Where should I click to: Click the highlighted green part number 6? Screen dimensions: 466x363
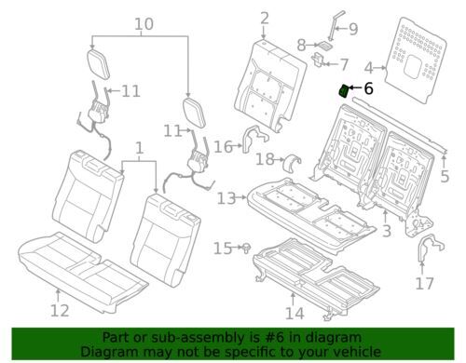(x=343, y=91)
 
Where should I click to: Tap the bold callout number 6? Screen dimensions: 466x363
(x=368, y=88)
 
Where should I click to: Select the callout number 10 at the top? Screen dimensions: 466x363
(x=144, y=24)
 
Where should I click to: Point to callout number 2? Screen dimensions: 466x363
(x=265, y=19)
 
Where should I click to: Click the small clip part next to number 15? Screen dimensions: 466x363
(x=246, y=248)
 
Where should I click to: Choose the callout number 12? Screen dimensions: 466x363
(x=60, y=310)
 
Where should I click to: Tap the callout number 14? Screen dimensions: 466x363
(x=295, y=314)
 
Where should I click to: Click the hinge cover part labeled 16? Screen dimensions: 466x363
(x=254, y=138)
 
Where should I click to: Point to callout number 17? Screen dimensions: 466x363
(x=424, y=283)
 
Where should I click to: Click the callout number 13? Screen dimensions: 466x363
(x=226, y=198)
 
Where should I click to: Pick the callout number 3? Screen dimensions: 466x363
(x=386, y=231)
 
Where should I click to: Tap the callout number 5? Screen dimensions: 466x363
(x=445, y=176)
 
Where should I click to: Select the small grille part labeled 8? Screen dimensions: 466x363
(x=324, y=46)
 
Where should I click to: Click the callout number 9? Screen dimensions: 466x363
(x=353, y=29)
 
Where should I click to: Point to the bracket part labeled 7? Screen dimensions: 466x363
(x=318, y=59)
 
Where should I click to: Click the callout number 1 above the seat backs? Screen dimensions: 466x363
(x=140, y=148)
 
